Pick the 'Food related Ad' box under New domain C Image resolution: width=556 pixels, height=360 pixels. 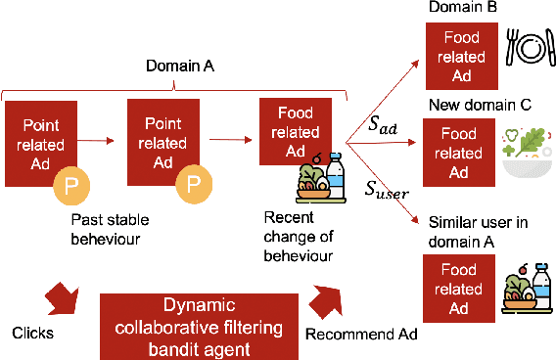[459, 152]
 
